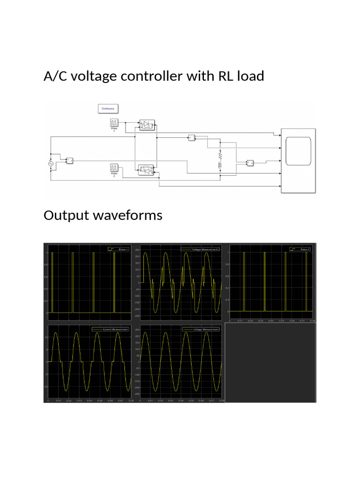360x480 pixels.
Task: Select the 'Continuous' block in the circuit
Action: tap(108, 109)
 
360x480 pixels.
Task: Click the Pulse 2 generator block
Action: tap(114, 167)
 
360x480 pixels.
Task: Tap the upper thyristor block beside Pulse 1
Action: tap(147, 125)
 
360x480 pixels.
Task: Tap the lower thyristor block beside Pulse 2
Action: tap(147, 171)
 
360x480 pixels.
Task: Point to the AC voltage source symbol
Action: tap(51, 163)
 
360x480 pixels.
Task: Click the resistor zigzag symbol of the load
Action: tap(219, 155)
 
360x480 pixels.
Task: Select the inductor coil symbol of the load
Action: tap(219, 165)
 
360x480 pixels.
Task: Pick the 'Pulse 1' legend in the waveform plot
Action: tap(118, 249)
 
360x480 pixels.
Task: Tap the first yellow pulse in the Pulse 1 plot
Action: tap(52, 281)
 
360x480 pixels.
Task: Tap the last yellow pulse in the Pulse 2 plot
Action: tap(306, 281)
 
